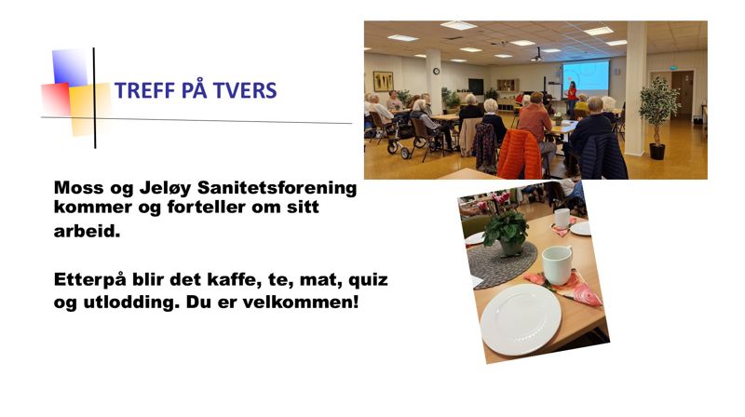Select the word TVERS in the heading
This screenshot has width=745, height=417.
pyautogui.click(x=245, y=91)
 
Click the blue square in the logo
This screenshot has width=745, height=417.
pyautogui.click(x=70, y=67)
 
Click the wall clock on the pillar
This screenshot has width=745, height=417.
pyautogui.click(x=436, y=71)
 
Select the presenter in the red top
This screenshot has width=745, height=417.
pyautogui.click(x=572, y=96)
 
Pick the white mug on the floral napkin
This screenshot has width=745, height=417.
pyautogui.click(x=557, y=264)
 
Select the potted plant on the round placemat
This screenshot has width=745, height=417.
pyautogui.click(x=507, y=233)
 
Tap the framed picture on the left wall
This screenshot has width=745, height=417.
pyautogui.click(x=383, y=81)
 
